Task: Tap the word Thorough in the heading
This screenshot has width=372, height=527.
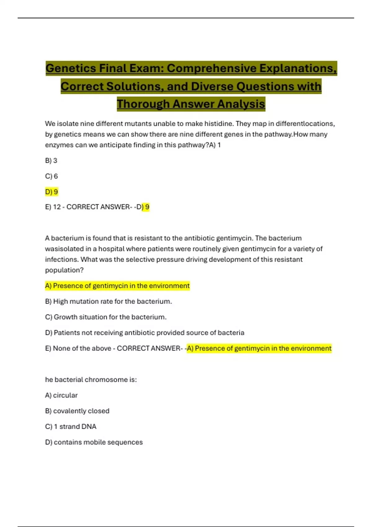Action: tap(143, 104)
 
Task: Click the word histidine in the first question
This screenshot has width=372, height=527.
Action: tap(217, 124)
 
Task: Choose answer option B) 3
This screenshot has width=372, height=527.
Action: tap(51, 161)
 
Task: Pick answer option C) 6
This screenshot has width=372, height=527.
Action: tap(51, 176)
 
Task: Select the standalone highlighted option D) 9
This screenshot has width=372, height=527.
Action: tap(51, 192)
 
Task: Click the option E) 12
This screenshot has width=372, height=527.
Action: tap(53, 207)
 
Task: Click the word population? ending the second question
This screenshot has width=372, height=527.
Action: tap(64, 270)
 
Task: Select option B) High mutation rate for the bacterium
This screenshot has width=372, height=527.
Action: tap(108, 301)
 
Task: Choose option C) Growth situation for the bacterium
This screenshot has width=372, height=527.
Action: tap(106, 317)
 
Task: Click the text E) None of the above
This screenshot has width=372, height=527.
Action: tap(78, 348)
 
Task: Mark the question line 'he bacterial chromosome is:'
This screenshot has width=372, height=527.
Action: tap(91, 380)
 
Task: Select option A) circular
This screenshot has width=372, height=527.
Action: tap(61, 395)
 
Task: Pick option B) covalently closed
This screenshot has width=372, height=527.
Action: tap(77, 411)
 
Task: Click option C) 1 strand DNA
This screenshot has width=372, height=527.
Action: tap(71, 427)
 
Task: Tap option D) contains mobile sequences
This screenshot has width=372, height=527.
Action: tap(94, 442)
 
